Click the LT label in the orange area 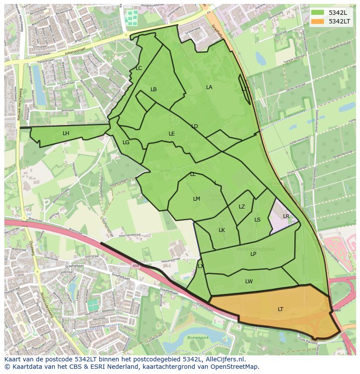(280, 309)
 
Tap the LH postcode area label (66, 133)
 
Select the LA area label (209, 87)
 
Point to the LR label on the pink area (286, 216)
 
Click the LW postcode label (249, 281)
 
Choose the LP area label (253, 254)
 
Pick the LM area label (197, 199)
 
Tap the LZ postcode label (242, 207)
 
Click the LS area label (257, 220)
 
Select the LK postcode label (222, 230)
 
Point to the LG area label (126, 142)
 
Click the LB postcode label (153, 89)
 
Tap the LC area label (139, 68)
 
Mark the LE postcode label (172, 134)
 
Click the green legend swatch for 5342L (317, 13)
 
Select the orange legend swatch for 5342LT (317, 21)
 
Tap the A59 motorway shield (136, 266)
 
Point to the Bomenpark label (198, 337)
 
